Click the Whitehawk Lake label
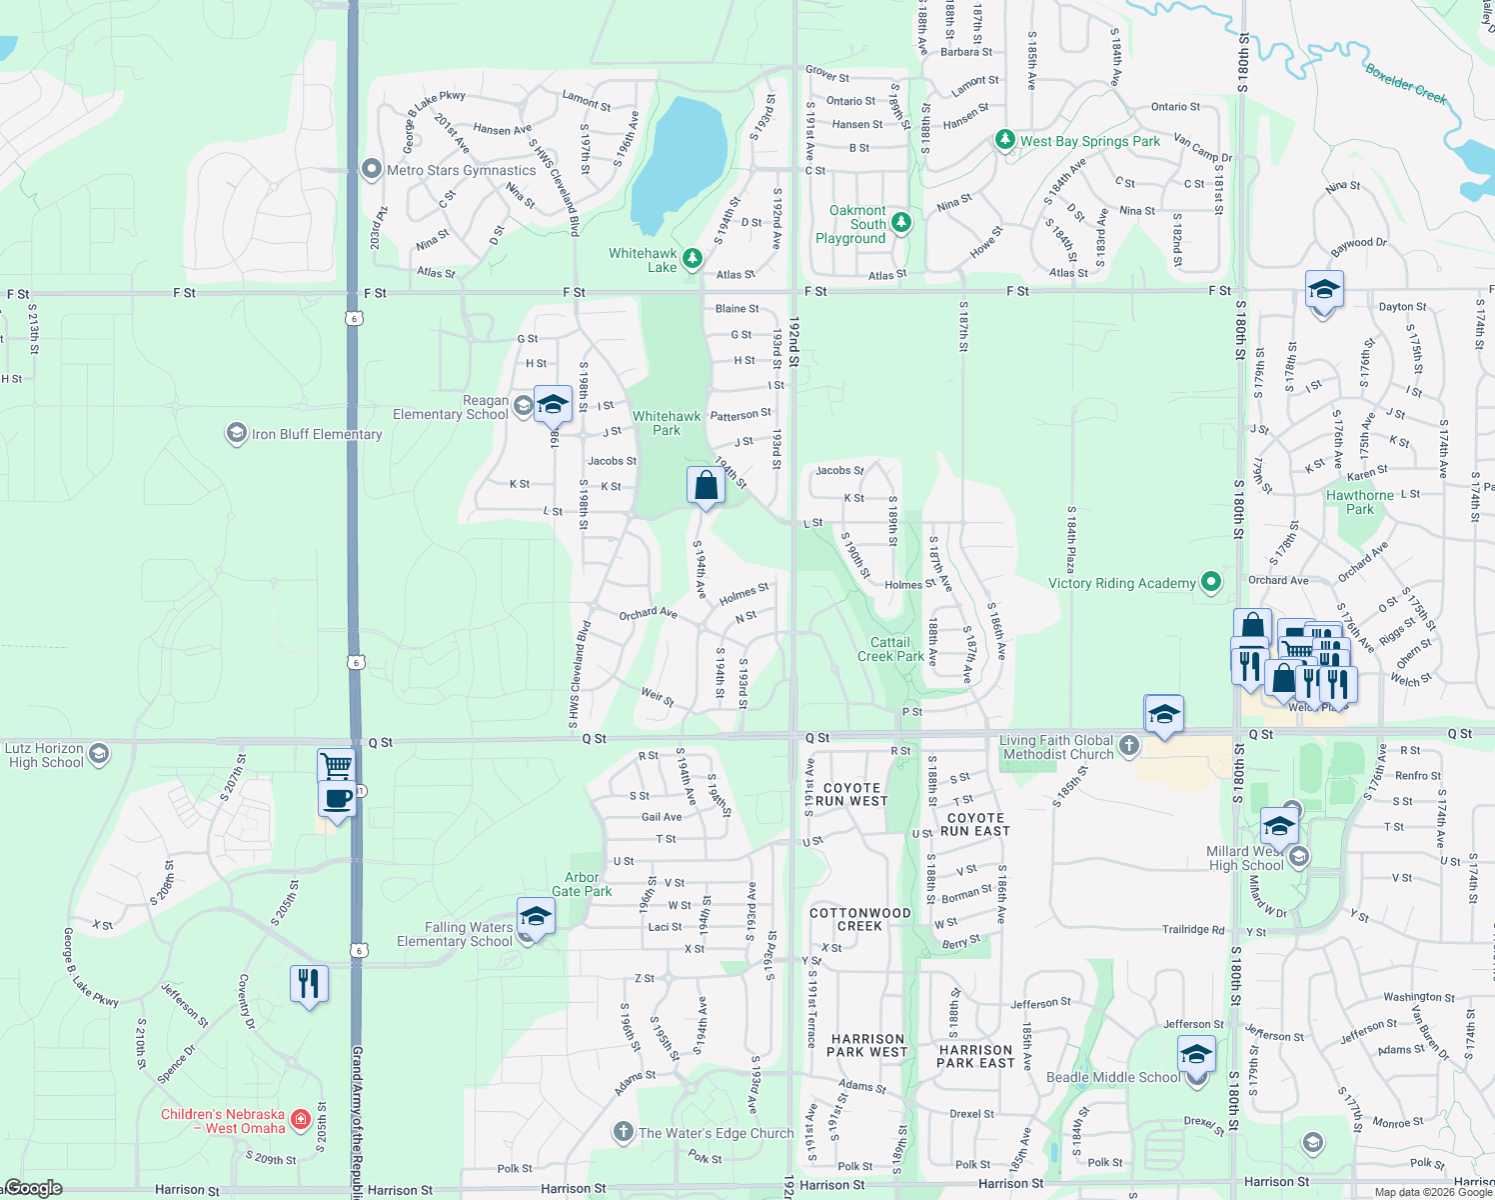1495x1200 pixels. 644,260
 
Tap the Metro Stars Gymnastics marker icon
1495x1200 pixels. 372,169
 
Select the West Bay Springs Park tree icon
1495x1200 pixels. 1005,141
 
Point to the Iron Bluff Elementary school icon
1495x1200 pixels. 236,433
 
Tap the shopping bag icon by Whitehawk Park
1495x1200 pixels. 706,485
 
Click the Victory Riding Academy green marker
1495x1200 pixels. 1211,581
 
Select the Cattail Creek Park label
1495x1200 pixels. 890,649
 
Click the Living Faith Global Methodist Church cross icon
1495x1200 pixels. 1128,745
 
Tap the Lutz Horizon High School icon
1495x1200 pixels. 98,753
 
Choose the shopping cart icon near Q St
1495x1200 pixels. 337,766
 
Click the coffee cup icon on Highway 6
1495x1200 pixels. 337,799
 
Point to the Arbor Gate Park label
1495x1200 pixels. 582,884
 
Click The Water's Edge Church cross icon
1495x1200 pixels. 623,1132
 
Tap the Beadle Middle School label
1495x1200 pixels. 1113,1077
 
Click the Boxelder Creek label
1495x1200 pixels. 1406,83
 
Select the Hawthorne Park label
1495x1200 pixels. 1359,502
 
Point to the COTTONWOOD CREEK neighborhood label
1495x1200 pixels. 859,919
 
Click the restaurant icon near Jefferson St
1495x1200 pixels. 309,984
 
